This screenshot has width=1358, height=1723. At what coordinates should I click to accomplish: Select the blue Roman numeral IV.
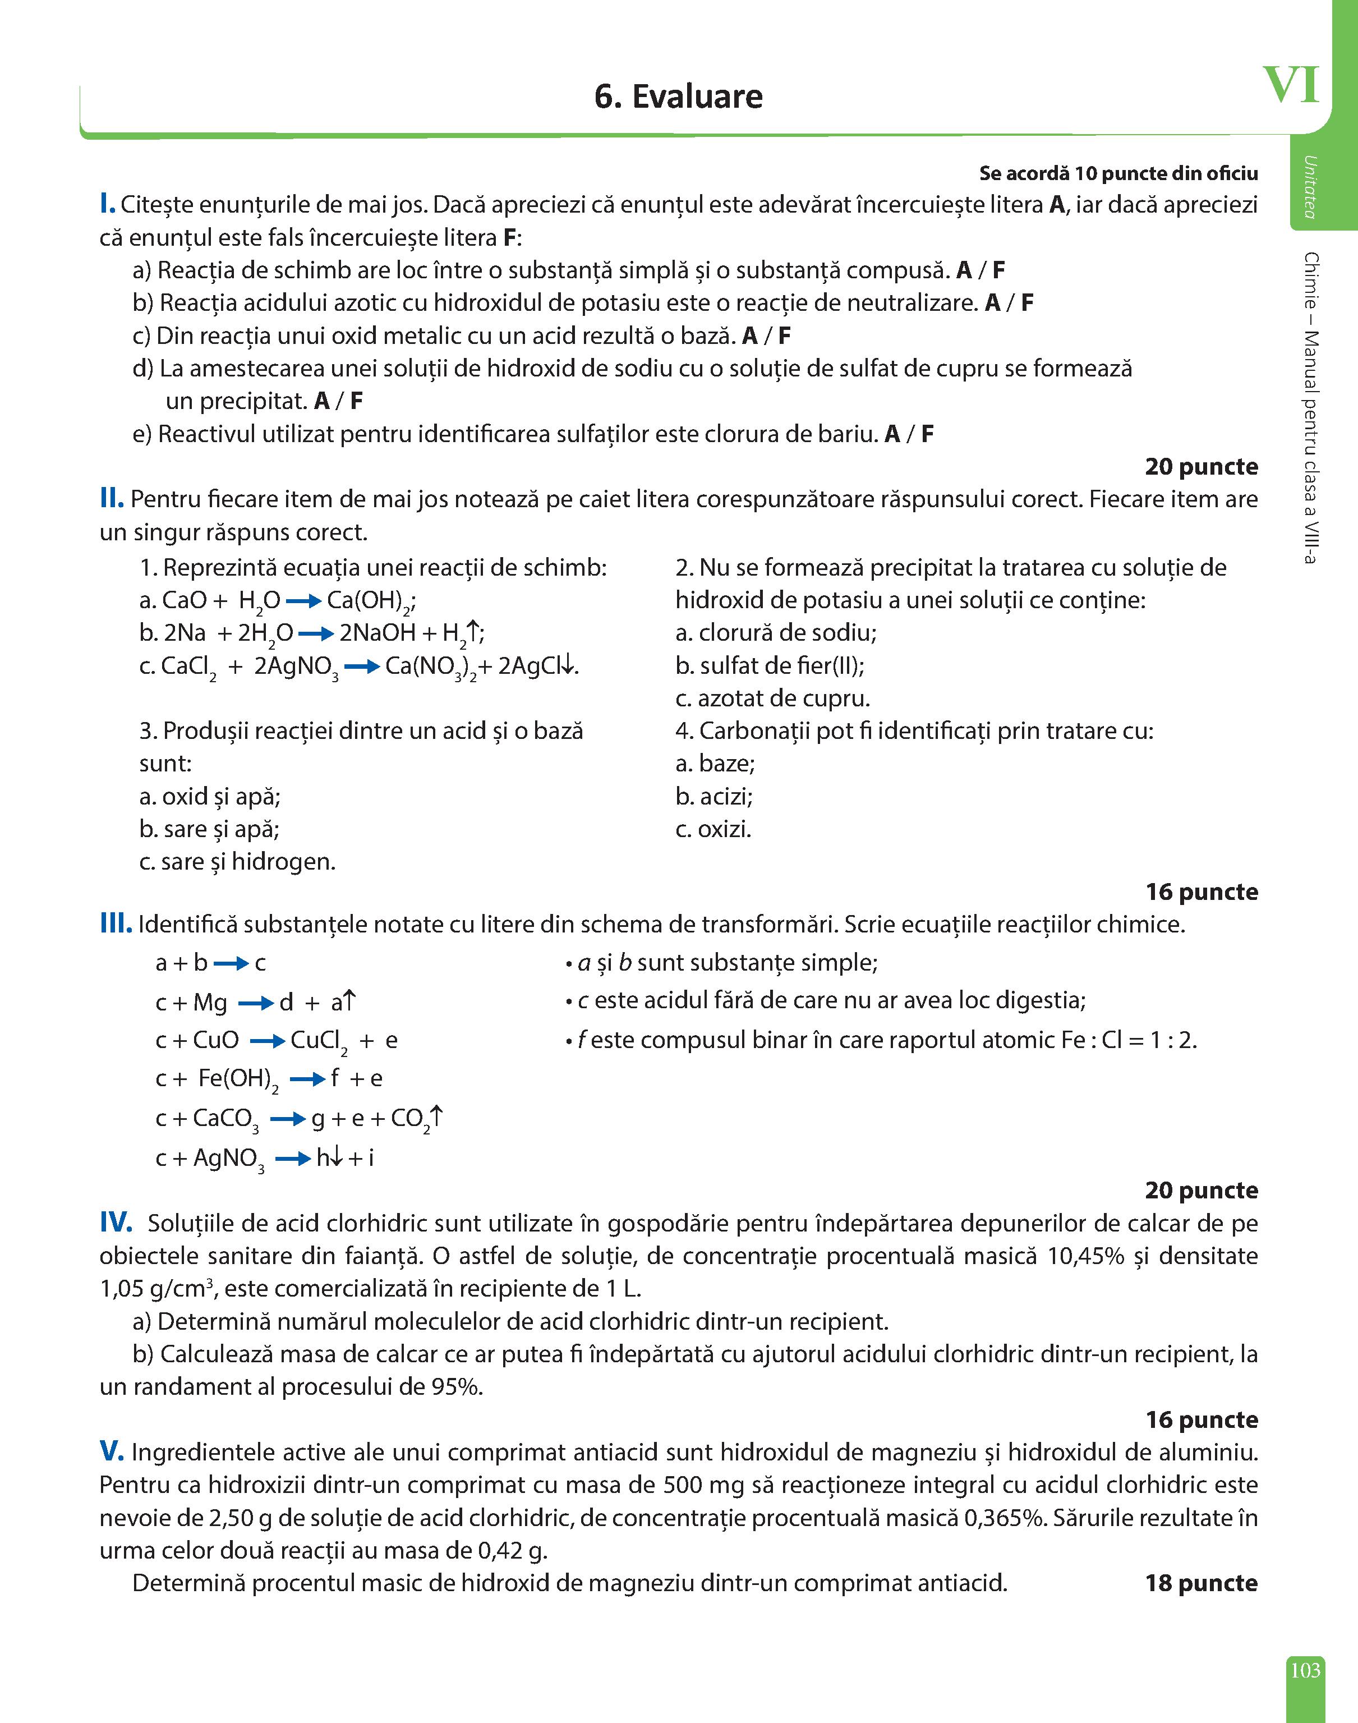pos(116,1223)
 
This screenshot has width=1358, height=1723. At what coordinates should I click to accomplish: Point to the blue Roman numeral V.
pos(111,1452)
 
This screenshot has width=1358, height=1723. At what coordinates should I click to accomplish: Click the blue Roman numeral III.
pos(116,924)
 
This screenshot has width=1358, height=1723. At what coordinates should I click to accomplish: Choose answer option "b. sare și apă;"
pos(209,829)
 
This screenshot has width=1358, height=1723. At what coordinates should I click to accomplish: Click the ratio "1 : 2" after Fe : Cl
pos(1166,1040)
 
